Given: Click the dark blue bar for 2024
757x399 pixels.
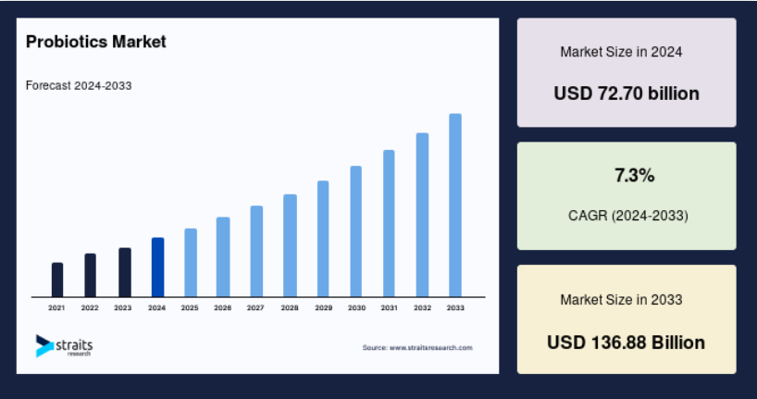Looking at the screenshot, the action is pyautogui.click(x=158, y=268).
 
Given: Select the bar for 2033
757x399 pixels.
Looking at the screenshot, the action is pyautogui.click(x=455, y=206).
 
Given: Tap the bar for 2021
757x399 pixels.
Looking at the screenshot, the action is pyautogui.click(x=57, y=280).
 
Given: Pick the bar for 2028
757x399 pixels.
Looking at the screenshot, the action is pyautogui.click(x=291, y=245).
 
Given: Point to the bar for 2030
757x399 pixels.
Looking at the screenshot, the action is pyautogui.click(x=355, y=231).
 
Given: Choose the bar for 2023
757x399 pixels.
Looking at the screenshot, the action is pyautogui.click(x=125, y=272).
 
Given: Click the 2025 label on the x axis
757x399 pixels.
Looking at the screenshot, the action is pyautogui.click(x=190, y=307).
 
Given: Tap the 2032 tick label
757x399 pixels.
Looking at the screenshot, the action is pyautogui.click(x=422, y=307).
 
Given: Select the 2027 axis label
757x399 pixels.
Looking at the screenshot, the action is pyautogui.click(x=255, y=307).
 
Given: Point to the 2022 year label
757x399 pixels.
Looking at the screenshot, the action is pyautogui.click(x=90, y=307).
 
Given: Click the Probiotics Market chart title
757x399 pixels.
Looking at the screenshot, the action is pyautogui.click(x=96, y=42).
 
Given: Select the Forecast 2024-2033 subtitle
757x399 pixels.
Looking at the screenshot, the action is pyautogui.click(x=79, y=85).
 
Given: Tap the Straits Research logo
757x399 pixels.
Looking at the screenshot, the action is pyautogui.click(x=64, y=346).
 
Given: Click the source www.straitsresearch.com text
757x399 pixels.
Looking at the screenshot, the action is pyautogui.click(x=417, y=347).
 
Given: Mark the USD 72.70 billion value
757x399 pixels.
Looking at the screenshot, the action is pyautogui.click(x=627, y=94).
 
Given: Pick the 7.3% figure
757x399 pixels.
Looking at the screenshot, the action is pyautogui.click(x=634, y=175).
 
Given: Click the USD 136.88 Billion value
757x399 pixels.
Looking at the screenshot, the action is pyautogui.click(x=627, y=343).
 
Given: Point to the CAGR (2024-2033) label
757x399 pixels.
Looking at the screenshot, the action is pyautogui.click(x=628, y=216).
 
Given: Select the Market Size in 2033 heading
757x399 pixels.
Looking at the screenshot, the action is pyautogui.click(x=621, y=300).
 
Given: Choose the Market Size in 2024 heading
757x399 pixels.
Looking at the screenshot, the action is pyautogui.click(x=621, y=52).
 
